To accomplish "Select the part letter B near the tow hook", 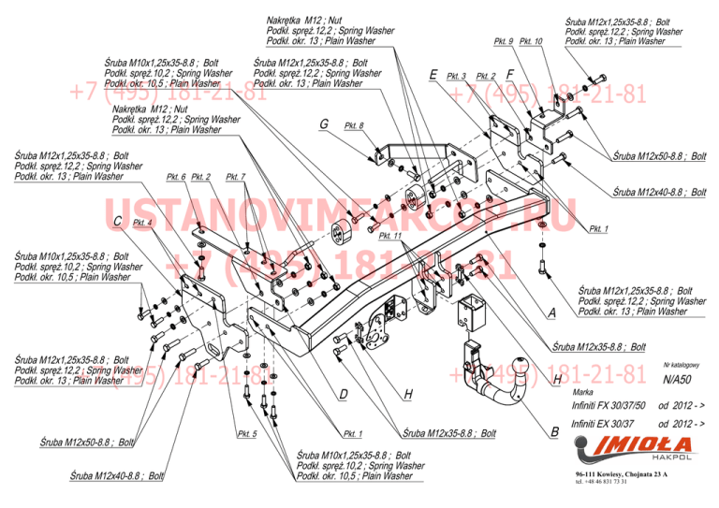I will [554, 432].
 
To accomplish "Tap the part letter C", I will [117, 221].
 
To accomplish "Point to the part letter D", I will [344, 395].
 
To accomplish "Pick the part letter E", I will [433, 75].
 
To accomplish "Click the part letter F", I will [509, 74].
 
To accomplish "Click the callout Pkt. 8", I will [354, 125].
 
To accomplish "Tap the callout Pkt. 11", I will [390, 236].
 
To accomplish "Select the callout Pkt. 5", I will [246, 434].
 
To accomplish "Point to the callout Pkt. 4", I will [142, 223].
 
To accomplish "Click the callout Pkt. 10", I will [531, 41].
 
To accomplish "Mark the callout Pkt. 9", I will [504, 41].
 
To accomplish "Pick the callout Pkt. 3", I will [456, 76].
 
